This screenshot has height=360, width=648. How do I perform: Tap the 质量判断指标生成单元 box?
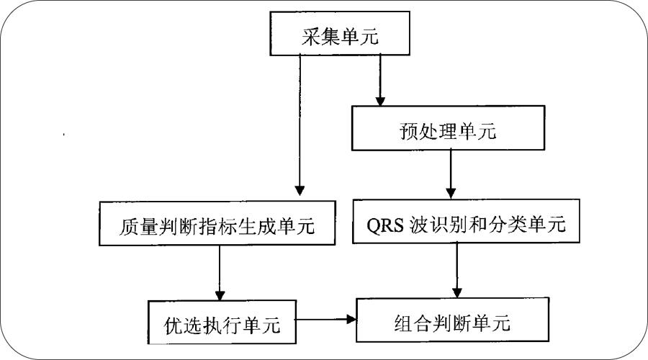(x=216, y=225)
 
